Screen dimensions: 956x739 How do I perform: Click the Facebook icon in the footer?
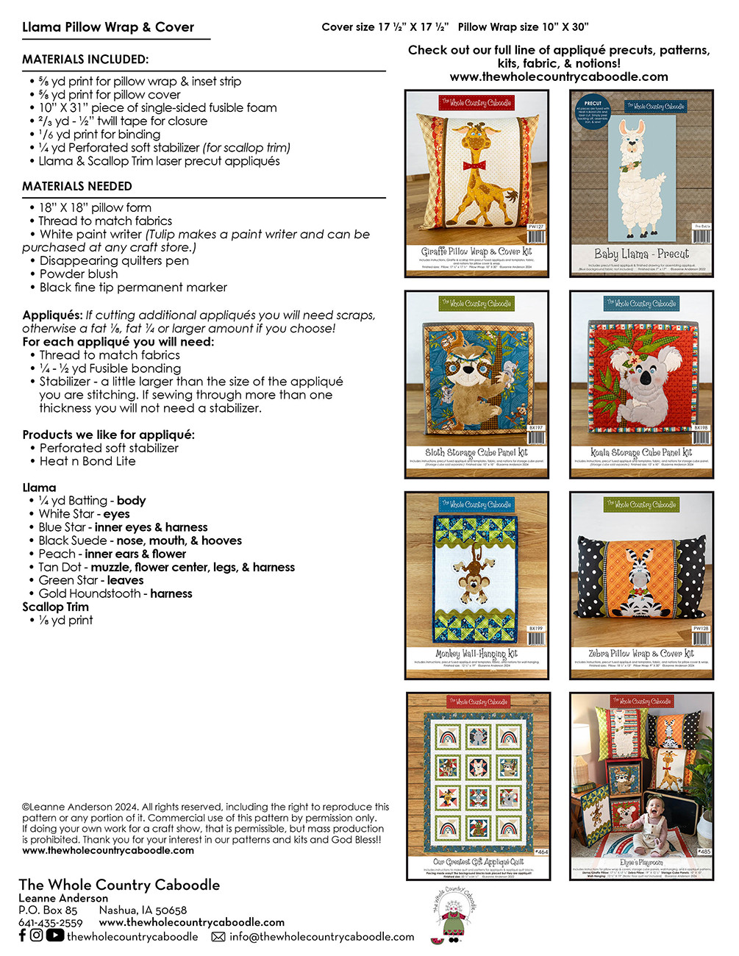point(22,935)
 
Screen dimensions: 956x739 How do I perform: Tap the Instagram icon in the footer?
point(37,935)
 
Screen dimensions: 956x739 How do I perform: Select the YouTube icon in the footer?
point(55,935)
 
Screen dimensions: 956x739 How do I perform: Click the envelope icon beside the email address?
point(218,937)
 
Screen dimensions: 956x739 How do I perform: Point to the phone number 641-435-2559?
point(51,923)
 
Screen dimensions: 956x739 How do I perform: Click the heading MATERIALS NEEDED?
point(77,187)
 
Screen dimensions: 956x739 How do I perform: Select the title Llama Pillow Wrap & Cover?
point(108,27)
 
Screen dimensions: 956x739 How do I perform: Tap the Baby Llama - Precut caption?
point(641,254)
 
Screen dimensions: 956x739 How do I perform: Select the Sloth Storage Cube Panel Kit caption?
point(476,452)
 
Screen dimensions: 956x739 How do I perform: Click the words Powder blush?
point(79,274)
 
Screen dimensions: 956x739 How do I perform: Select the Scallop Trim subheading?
point(55,607)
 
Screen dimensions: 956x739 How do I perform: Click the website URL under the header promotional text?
point(559,76)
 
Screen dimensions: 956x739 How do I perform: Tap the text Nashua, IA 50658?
point(143,910)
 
